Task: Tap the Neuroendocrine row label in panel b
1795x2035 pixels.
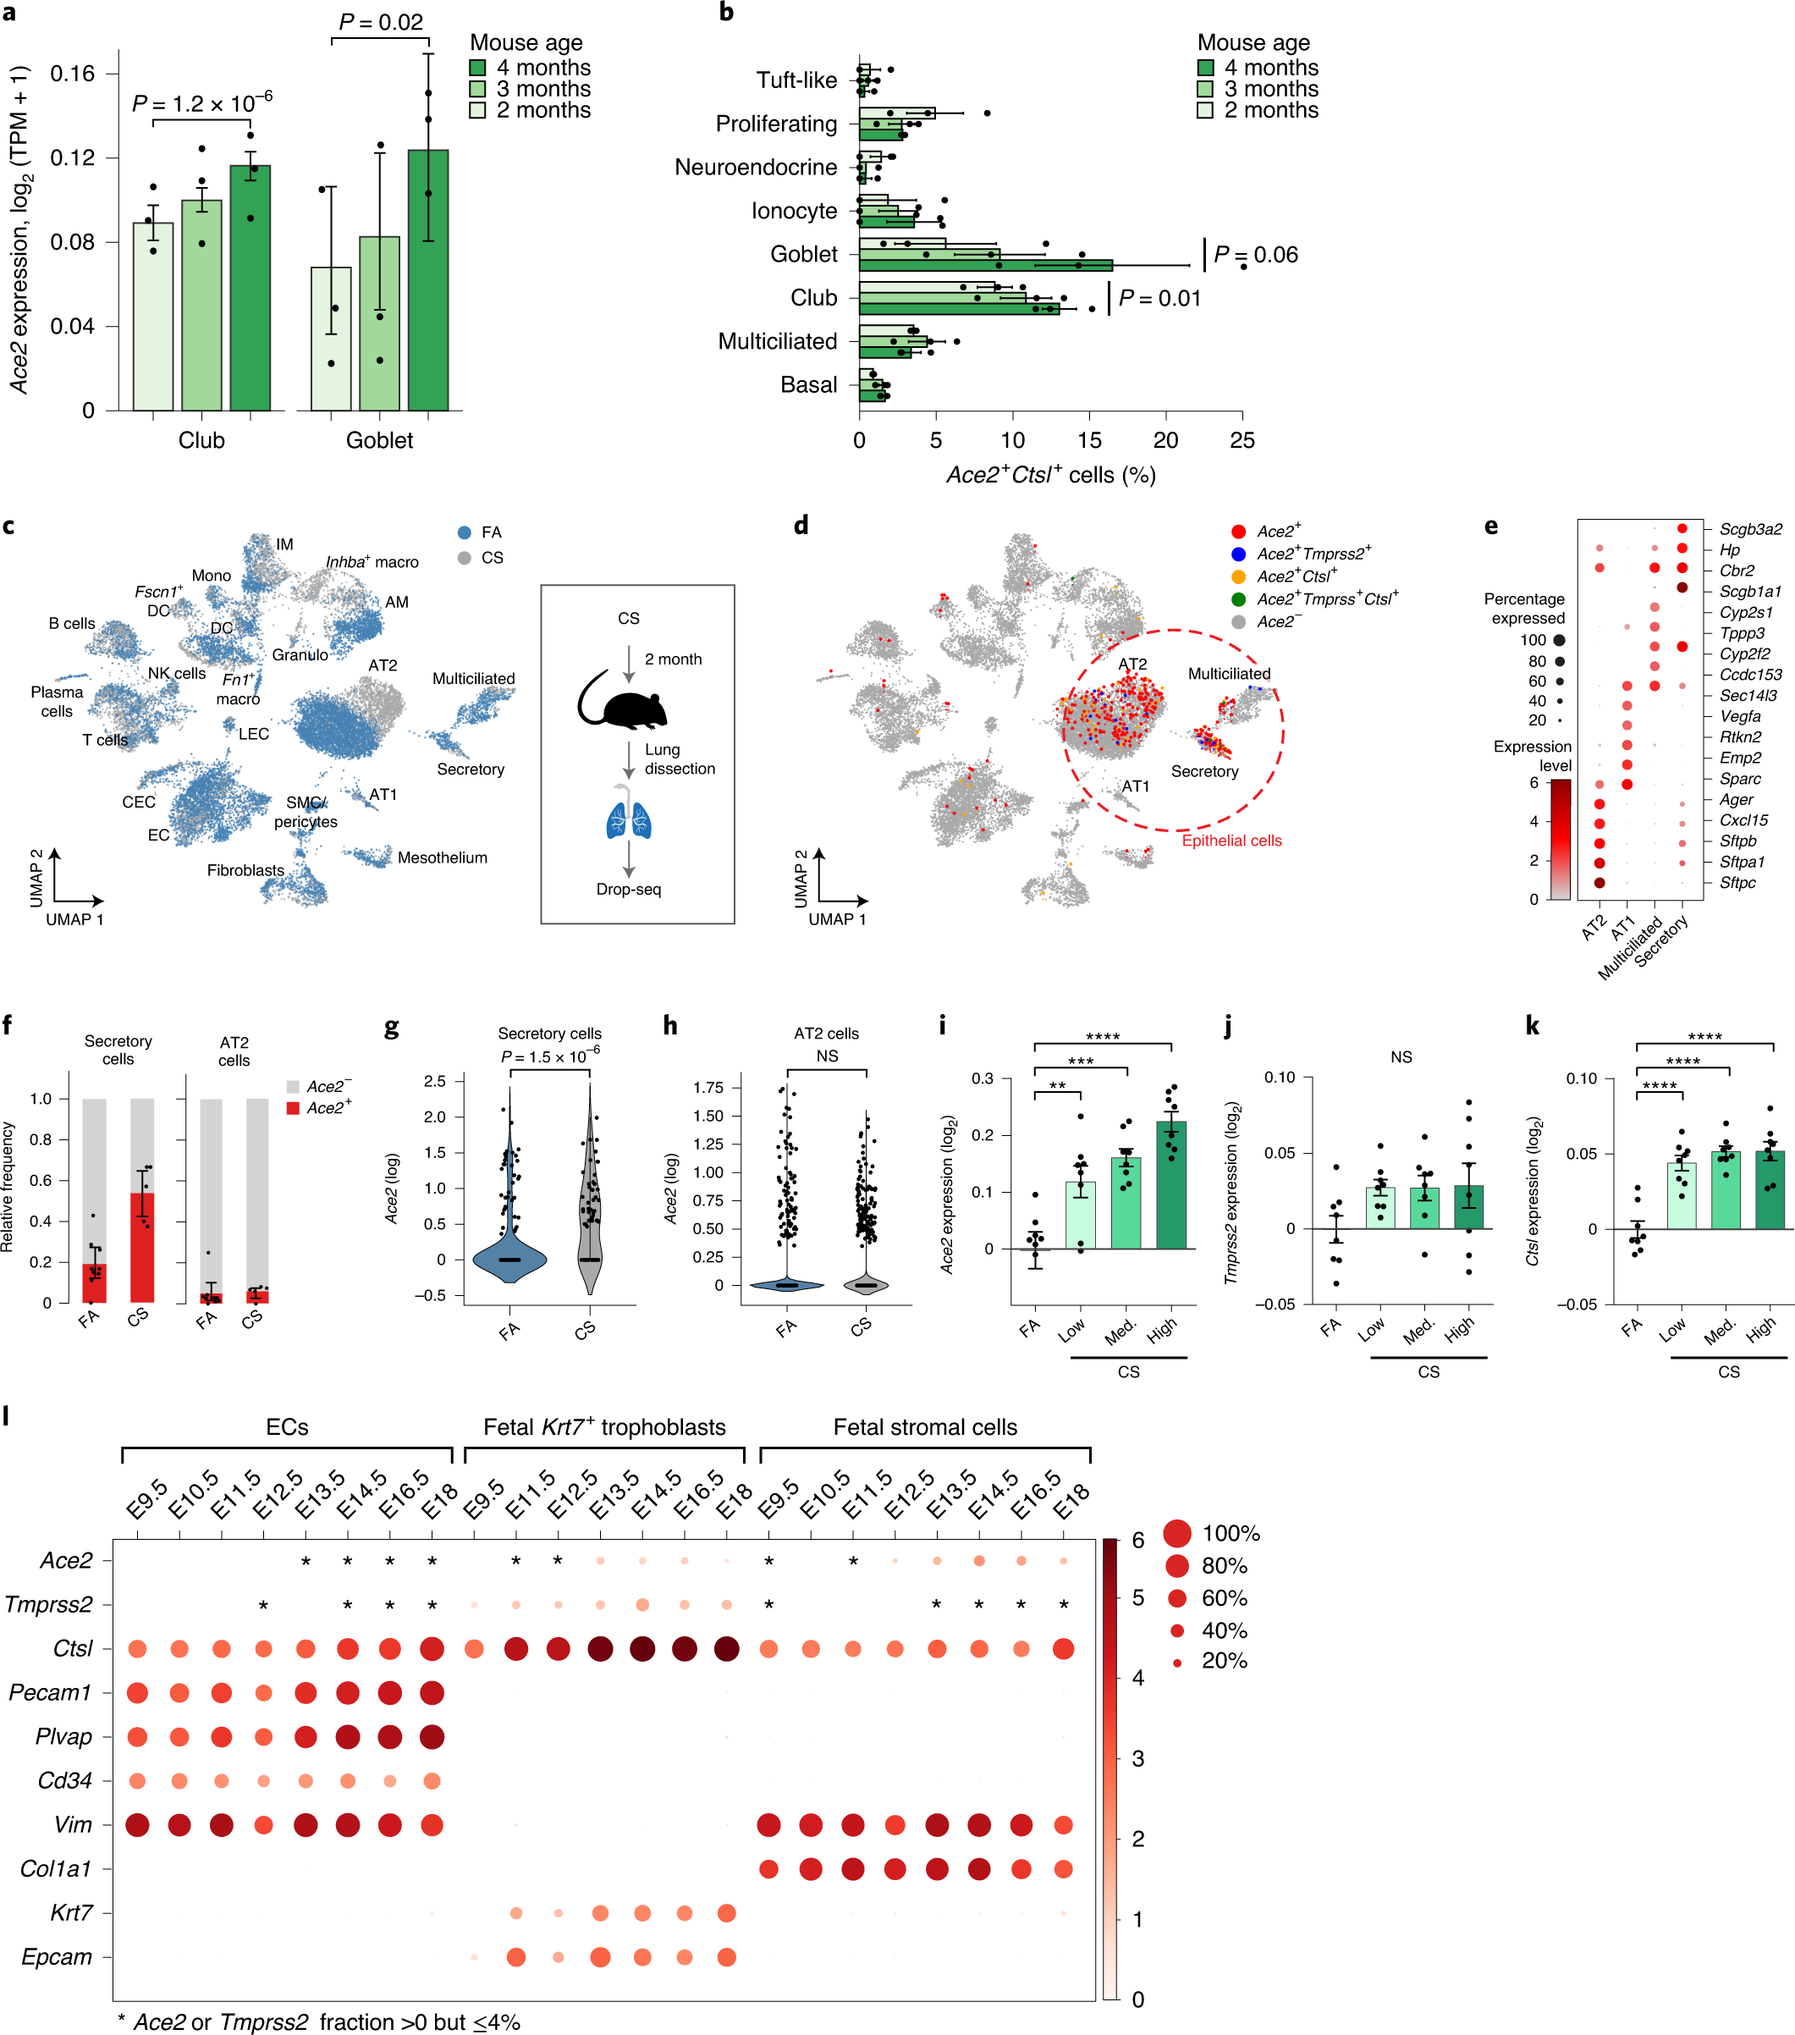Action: tap(756, 168)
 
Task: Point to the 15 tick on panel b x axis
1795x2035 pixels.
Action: tap(1089, 440)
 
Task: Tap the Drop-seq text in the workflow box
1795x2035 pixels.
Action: tap(628, 889)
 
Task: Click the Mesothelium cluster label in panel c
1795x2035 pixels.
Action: tap(442, 858)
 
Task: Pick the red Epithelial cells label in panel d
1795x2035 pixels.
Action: tap(1231, 841)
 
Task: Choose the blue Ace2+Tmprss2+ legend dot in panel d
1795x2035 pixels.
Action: tap(1238, 554)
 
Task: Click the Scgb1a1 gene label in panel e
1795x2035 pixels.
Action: tap(1750, 592)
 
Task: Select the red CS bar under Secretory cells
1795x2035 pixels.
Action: tap(142, 1248)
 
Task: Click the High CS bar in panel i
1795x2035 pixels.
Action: tap(1170, 1185)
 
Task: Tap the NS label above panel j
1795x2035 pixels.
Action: tap(1401, 1057)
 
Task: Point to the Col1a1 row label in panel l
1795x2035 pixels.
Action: tap(56, 1869)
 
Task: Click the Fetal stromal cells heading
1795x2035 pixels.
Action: tap(925, 1426)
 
